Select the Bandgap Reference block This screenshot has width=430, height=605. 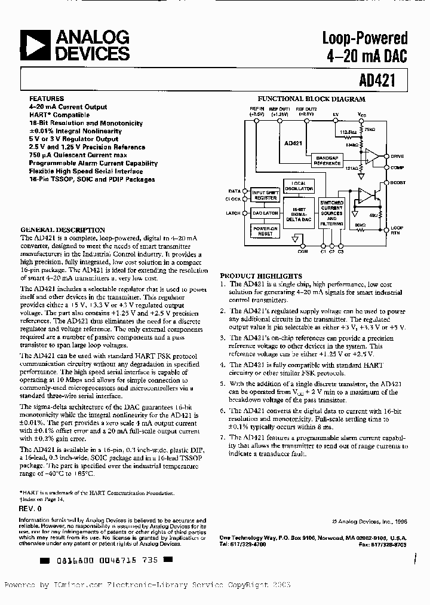click(x=327, y=160)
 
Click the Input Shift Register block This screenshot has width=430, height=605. click(x=265, y=195)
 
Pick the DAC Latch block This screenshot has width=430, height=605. click(x=265, y=213)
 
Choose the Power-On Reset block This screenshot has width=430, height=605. click(x=265, y=231)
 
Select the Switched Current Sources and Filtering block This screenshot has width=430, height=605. click(x=331, y=213)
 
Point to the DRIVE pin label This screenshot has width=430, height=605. click(x=397, y=156)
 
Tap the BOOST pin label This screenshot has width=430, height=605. click(x=398, y=182)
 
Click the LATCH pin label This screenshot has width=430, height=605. click(x=234, y=213)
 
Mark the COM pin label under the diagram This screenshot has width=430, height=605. click(x=303, y=252)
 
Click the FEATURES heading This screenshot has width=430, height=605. click(x=46, y=99)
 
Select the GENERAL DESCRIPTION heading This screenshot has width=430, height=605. click(x=63, y=230)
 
